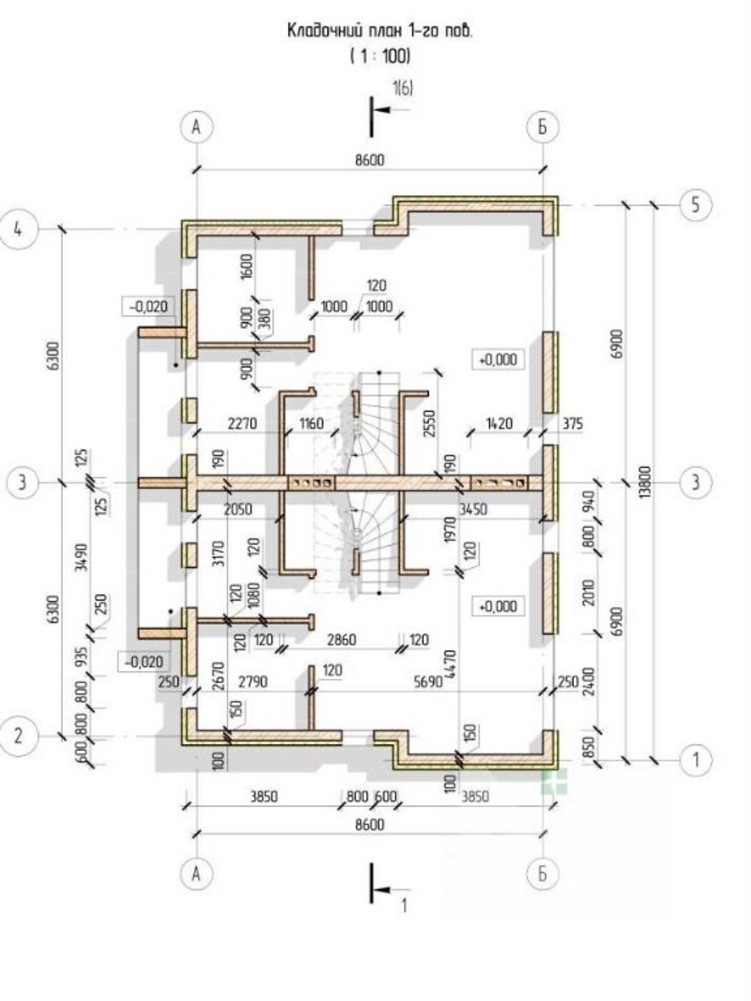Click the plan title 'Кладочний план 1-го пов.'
(381, 31)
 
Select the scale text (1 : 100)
(381, 56)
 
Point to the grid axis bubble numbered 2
(18, 736)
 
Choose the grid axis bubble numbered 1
(695, 760)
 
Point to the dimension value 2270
(242, 424)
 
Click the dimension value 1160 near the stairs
(312, 424)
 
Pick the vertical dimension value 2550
(429, 423)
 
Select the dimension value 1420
(499, 424)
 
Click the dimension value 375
(573, 424)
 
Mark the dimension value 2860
(342, 640)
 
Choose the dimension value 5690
(428, 682)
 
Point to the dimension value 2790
(253, 682)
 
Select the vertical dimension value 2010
(589, 593)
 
